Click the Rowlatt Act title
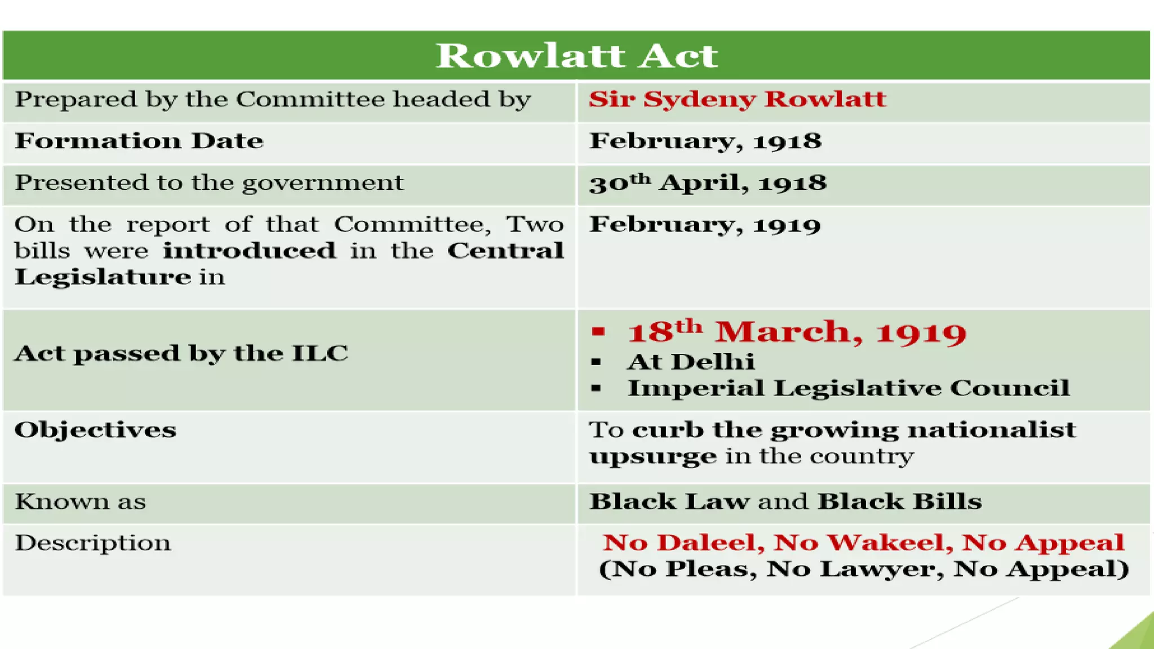click(x=577, y=56)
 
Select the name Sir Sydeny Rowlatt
click(x=737, y=100)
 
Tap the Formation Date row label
click(x=139, y=141)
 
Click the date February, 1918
click(x=705, y=141)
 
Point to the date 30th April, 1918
click(x=708, y=183)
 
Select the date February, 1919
click(x=705, y=225)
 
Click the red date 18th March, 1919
click(x=797, y=332)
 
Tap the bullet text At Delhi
click(x=691, y=362)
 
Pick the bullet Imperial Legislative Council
click(x=849, y=388)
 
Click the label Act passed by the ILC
click(x=181, y=354)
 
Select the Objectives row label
click(x=95, y=430)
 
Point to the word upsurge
click(x=653, y=456)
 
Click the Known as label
click(x=80, y=501)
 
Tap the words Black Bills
click(x=899, y=501)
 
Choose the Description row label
click(x=92, y=543)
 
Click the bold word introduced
click(x=249, y=251)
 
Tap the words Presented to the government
click(x=209, y=183)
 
